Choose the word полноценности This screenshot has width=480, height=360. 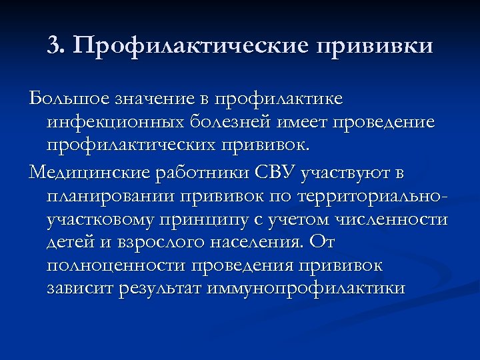pyautogui.click(x=117, y=266)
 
